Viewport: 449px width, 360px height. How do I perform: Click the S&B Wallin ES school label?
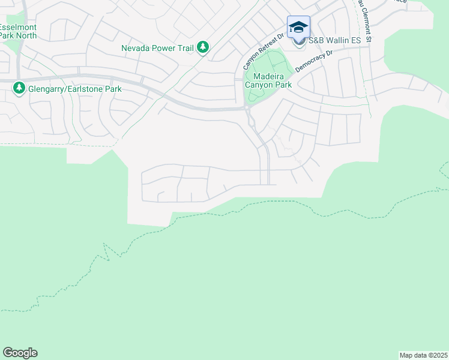334,41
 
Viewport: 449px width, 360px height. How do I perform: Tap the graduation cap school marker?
298,28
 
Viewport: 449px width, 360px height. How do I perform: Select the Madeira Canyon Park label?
268,80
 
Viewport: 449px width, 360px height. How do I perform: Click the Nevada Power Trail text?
158,47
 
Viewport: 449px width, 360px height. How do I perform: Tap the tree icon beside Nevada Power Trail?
203,47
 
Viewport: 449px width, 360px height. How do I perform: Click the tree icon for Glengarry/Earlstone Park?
19,89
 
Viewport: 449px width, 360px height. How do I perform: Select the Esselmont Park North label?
17,31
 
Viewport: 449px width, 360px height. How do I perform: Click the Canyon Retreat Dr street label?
263,51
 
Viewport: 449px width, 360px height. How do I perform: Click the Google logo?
20,353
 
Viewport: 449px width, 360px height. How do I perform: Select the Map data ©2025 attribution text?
423,355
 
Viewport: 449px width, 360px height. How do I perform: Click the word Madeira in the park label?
268,76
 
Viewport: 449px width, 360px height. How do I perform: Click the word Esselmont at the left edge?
16,28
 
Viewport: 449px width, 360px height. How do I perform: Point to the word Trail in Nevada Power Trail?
184,47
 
